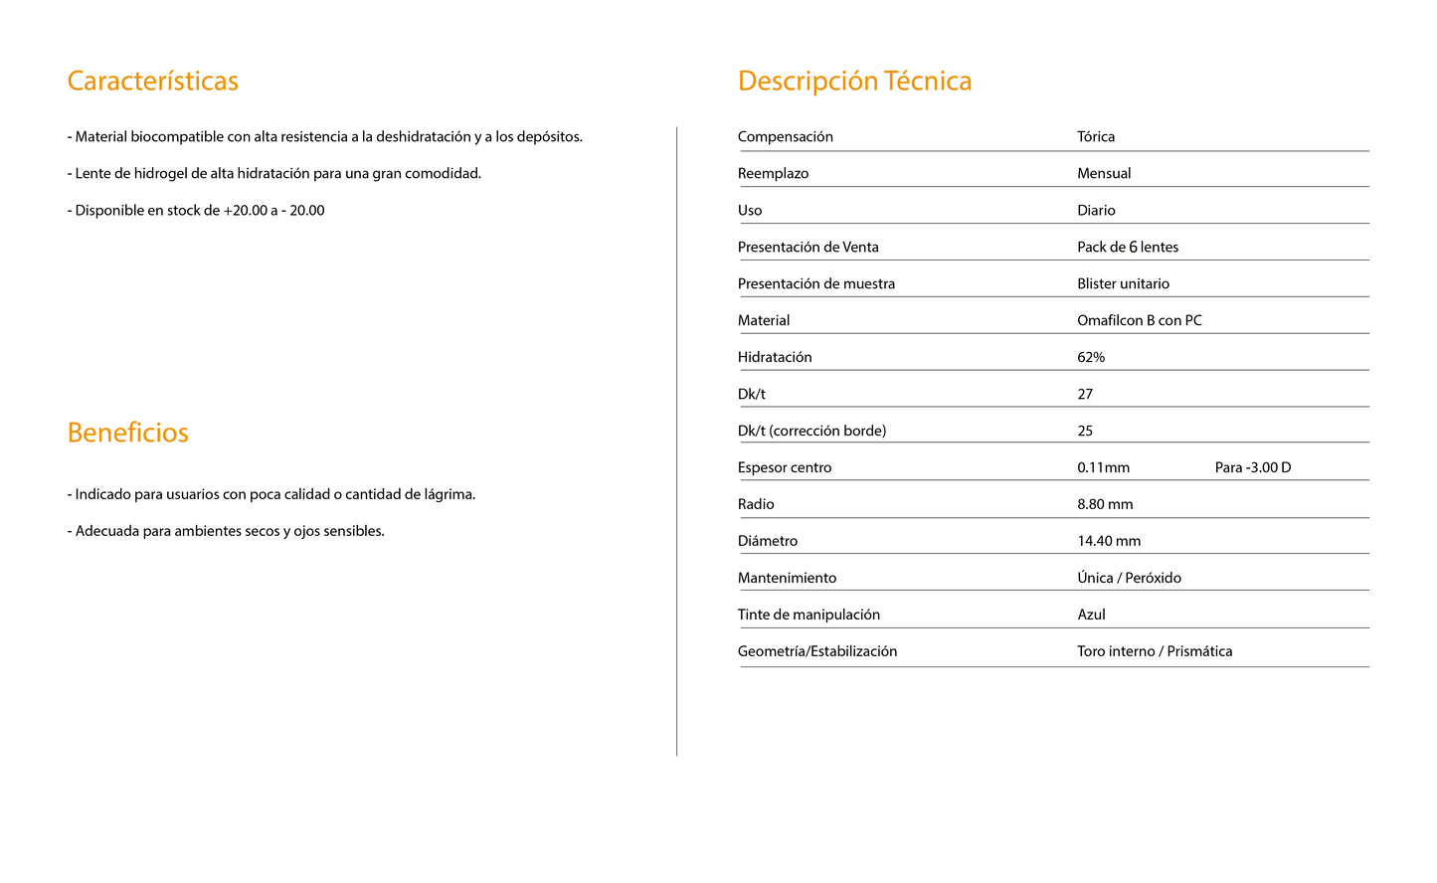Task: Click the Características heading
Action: tap(152, 82)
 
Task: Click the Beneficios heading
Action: tap(127, 433)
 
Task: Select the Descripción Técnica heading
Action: tap(854, 82)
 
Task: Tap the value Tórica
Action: tap(1095, 137)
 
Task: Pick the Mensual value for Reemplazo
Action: tap(1103, 174)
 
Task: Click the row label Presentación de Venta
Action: tap(808, 248)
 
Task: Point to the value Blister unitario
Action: tap(1123, 284)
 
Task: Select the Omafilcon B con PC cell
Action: tap(1139, 321)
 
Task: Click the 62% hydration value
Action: tap(1090, 358)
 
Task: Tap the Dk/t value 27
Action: tap(1084, 395)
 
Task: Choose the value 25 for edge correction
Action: tap(1084, 432)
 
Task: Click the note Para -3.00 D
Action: tap(1252, 468)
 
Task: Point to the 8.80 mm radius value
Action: tap(1104, 505)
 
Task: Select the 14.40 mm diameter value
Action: tap(1108, 542)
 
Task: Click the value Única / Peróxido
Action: tap(1129, 579)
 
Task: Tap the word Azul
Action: tap(1091, 616)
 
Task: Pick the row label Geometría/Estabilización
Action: tap(816, 652)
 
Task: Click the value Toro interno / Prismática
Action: tap(1154, 652)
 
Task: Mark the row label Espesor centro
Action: tap(784, 468)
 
